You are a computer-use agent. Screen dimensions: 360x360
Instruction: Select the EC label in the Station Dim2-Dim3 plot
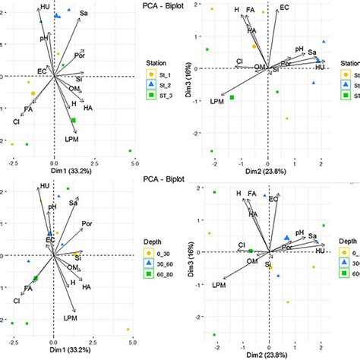[284, 8]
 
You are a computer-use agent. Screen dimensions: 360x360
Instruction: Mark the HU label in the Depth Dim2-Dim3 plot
[320, 250]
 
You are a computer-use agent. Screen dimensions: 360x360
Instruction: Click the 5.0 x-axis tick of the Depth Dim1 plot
[133, 344]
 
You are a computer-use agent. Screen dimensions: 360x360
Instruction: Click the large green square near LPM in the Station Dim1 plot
[74, 121]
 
